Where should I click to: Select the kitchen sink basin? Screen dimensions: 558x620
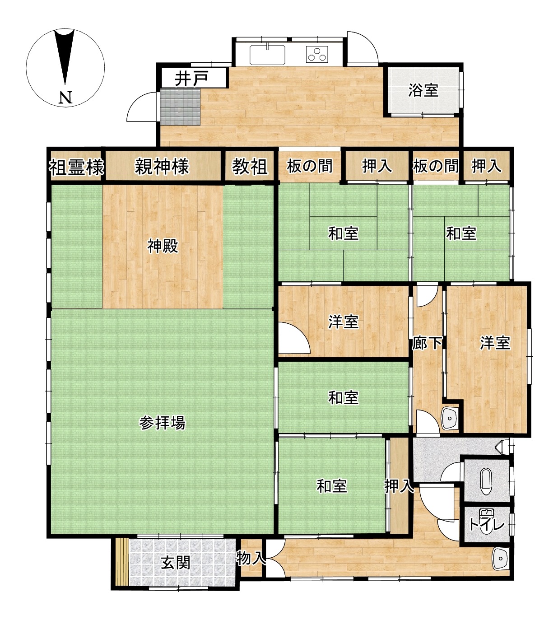pyautogui.click(x=267, y=54)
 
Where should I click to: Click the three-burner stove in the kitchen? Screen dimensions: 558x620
pyautogui.click(x=317, y=54)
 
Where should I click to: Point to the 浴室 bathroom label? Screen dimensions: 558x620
pyautogui.click(x=423, y=90)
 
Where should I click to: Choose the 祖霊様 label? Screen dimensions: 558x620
pyautogui.click(x=77, y=167)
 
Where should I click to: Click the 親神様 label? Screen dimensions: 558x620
pyautogui.click(x=162, y=167)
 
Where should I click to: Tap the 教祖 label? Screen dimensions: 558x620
pyautogui.click(x=250, y=167)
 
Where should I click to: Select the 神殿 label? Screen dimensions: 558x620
pyautogui.click(x=163, y=247)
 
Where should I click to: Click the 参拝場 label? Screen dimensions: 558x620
pyautogui.click(x=163, y=423)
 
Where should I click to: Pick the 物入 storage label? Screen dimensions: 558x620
pyautogui.click(x=251, y=558)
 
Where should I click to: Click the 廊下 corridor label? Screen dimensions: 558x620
pyautogui.click(x=427, y=343)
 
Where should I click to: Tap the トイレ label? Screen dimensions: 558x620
pyautogui.click(x=487, y=525)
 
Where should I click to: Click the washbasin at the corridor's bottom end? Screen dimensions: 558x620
pyautogui.click(x=450, y=418)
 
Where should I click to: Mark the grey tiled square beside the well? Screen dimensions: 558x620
pyautogui.click(x=180, y=107)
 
